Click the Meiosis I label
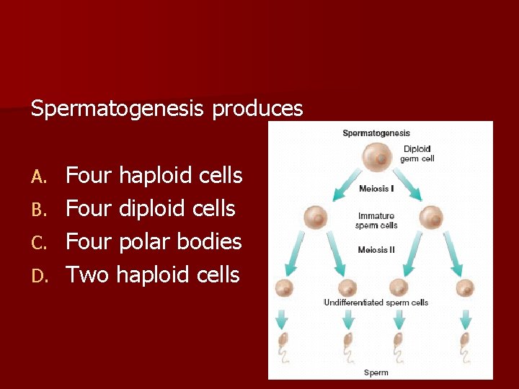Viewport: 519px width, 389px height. click(376, 189)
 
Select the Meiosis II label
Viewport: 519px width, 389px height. click(376, 250)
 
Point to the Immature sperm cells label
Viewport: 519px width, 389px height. click(376, 220)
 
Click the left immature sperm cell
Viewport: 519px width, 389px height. click(316, 216)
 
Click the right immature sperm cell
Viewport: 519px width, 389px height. click(431, 216)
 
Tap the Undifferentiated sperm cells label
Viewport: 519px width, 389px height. click(376, 303)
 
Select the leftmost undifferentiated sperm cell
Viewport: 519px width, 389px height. click(284, 288)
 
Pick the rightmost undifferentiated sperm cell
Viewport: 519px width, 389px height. click(465, 288)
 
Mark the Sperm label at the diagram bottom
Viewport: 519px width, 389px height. click(376, 372)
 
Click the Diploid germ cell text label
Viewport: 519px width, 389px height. click(417, 153)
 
